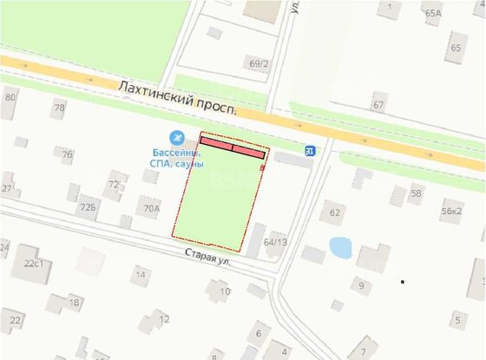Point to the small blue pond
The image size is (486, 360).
pyautogui.click(x=339, y=247)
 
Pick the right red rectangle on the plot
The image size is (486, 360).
pyautogui.click(x=248, y=152)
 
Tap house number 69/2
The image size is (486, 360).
pyautogui.click(x=259, y=63)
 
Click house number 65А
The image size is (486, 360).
pyautogui.click(x=432, y=13)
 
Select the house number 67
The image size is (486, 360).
pyautogui.click(x=378, y=105)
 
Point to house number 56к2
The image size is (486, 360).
pyautogui.click(x=451, y=211)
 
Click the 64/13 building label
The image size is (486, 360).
pyautogui.click(x=274, y=242)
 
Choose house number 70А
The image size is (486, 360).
pyautogui.click(x=152, y=208)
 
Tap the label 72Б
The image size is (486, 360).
pyautogui.click(x=87, y=208)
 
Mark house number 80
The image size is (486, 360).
pyautogui.click(x=10, y=97)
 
